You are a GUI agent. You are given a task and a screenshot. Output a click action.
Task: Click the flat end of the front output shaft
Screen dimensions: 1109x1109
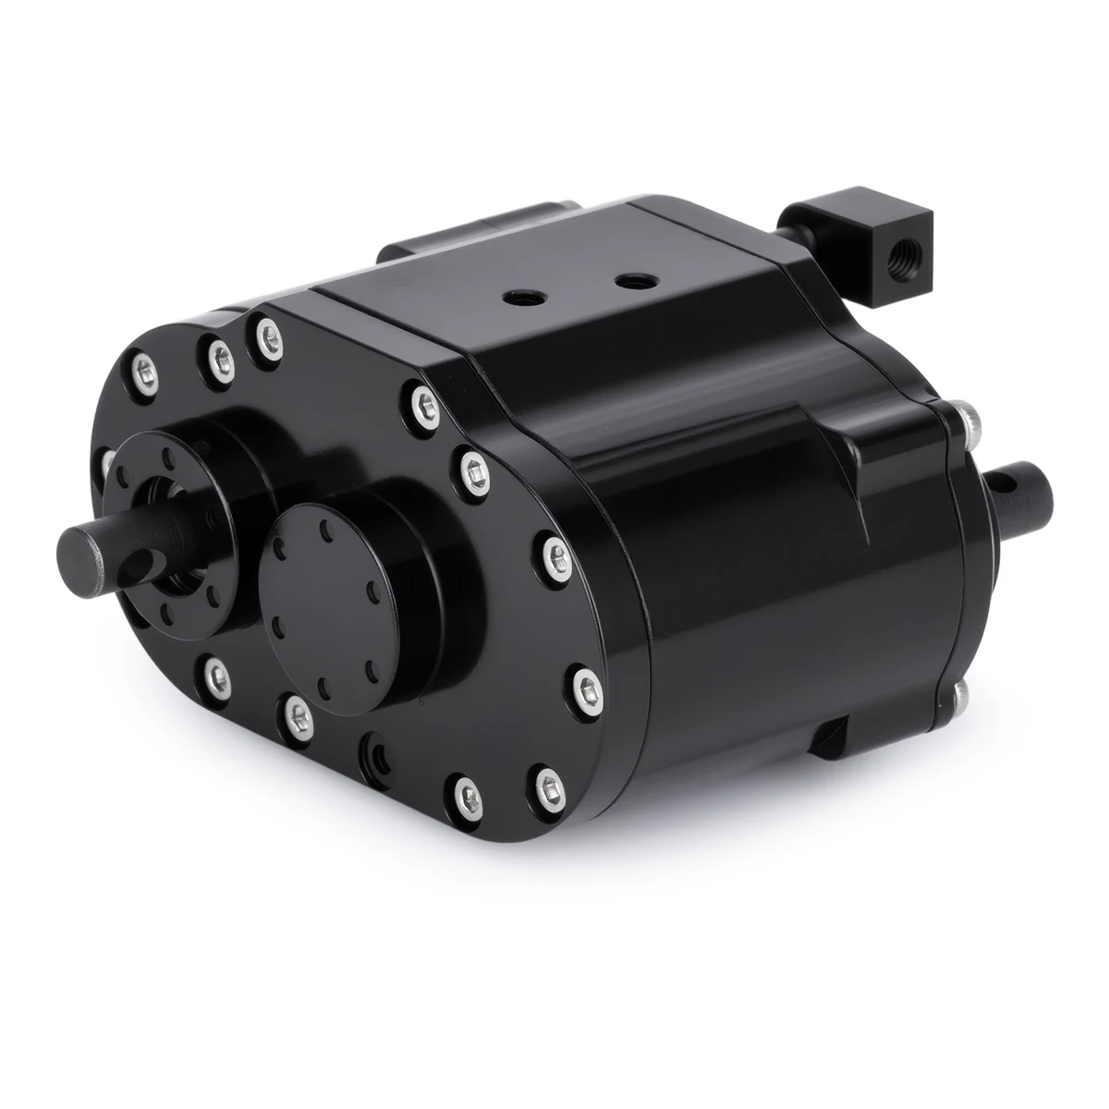tap(79, 542)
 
